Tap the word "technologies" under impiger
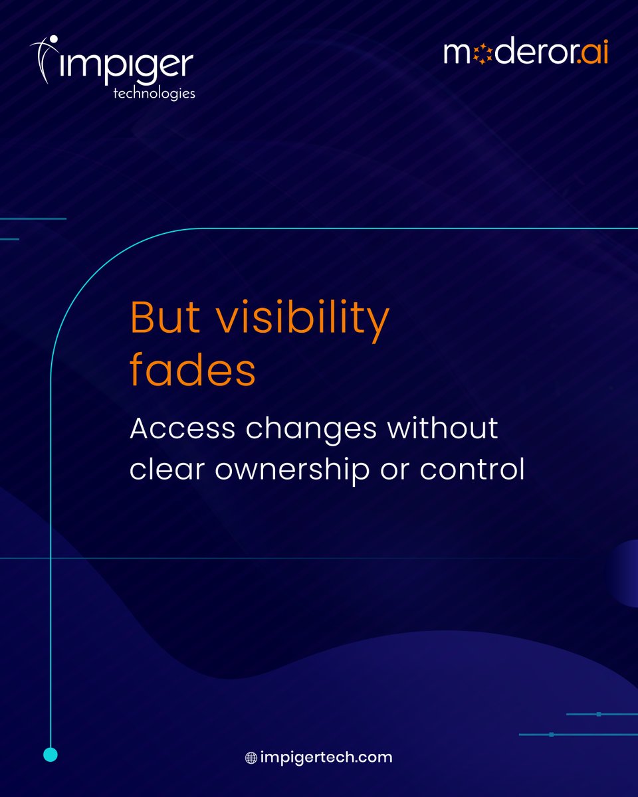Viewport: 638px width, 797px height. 154,93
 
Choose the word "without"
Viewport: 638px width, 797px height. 443,428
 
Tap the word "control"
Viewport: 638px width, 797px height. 472,469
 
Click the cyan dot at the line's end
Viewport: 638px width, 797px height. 51,754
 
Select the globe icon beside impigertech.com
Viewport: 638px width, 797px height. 251,758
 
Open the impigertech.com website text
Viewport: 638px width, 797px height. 326,757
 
